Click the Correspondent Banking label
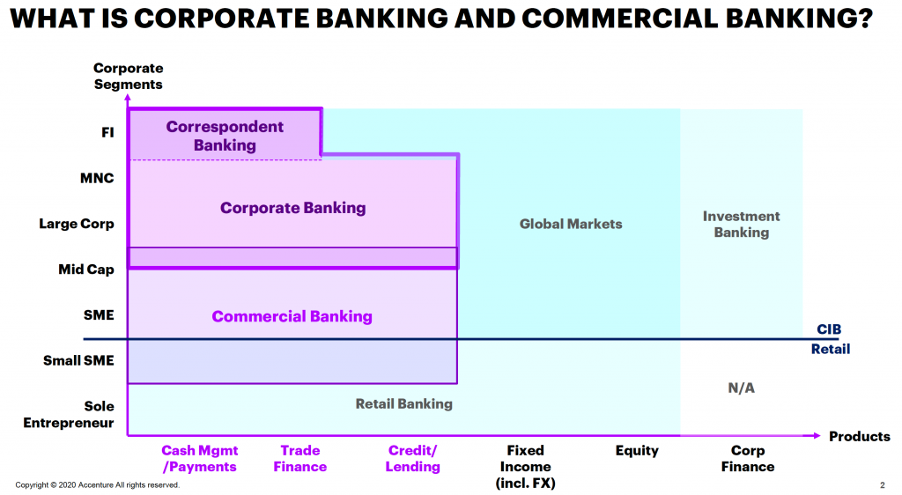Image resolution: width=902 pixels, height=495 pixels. [x=225, y=136]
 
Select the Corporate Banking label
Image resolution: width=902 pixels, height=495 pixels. [x=292, y=209]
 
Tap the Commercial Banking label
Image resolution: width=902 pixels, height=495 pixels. [x=292, y=316]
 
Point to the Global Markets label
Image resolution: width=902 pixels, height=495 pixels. [x=571, y=224]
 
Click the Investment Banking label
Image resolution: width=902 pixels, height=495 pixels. [x=741, y=224]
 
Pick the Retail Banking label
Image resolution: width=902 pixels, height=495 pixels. [x=403, y=403]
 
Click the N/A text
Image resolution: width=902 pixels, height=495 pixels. [x=741, y=388]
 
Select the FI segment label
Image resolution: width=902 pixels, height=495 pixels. [x=107, y=133]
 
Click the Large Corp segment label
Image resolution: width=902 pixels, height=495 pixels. [x=77, y=224]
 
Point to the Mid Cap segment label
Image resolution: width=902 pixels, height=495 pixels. [x=86, y=270]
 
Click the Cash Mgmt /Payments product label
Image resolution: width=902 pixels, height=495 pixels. [x=199, y=458]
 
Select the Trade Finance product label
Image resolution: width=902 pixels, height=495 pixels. [x=299, y=458]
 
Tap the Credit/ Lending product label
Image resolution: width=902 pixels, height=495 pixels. [x=412, y=458]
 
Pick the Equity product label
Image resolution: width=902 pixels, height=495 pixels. [x=636, y=450]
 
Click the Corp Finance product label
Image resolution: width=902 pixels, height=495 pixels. [x=748, y=458]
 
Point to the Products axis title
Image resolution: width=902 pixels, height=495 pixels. [x=859, y=437]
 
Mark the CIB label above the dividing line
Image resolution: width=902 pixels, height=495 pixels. [x=828, y=329]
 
